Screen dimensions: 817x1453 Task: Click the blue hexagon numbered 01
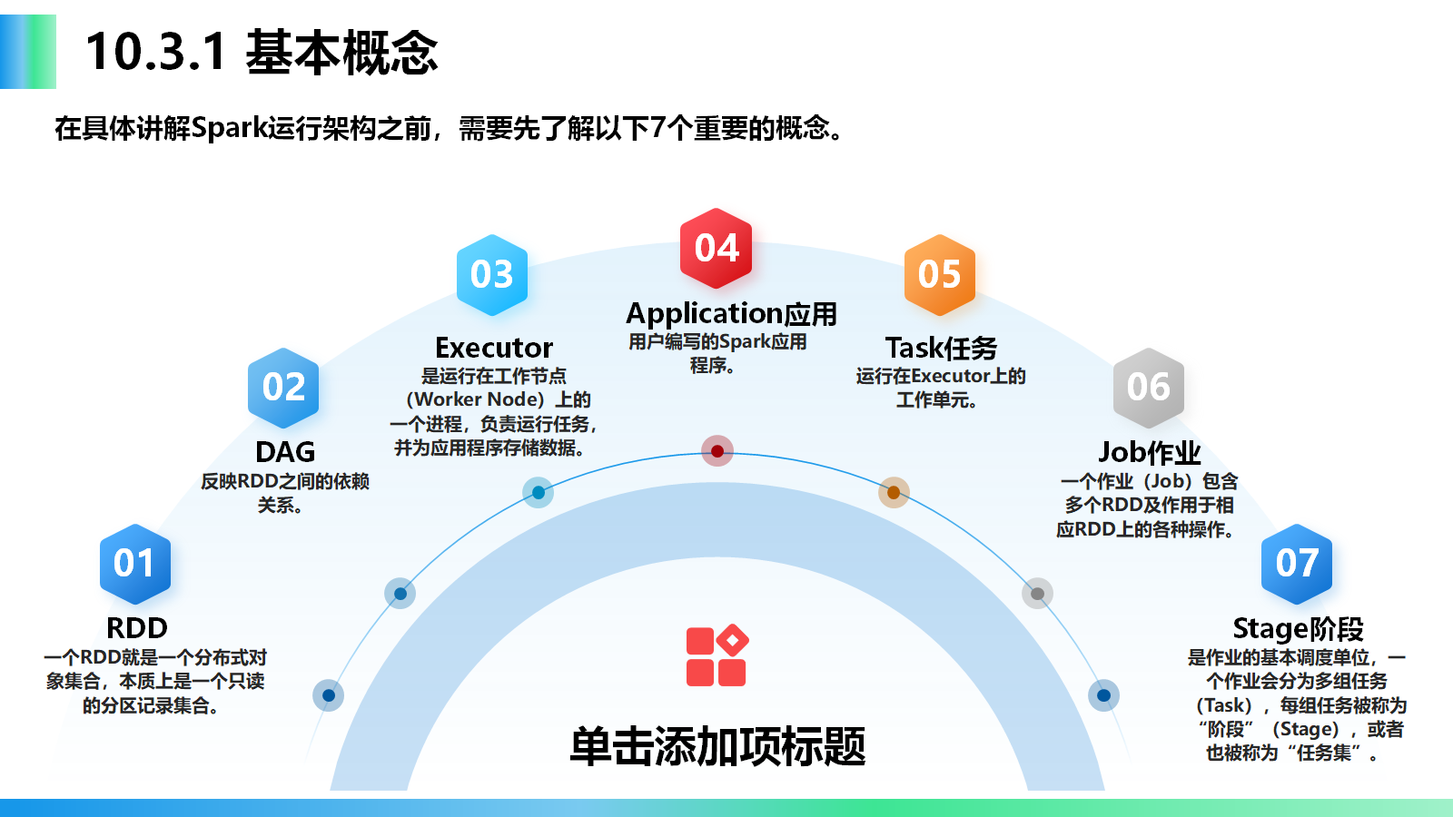point(134,564)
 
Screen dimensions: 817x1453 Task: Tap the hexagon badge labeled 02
point(283,388)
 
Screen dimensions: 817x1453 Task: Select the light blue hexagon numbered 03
point(492,275)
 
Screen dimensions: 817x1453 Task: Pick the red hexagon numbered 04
point(717,248)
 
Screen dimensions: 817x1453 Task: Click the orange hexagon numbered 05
point(939,275)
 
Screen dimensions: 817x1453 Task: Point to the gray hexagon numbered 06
point(1149,388)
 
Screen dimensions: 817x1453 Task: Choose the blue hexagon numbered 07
point(1297,564)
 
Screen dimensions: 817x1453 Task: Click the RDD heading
point(137,628)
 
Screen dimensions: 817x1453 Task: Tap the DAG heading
point(285,452)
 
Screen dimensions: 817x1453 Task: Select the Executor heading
point(494,348)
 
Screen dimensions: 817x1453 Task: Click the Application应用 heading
point(731,314)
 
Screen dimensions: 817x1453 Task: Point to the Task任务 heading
point(941,348)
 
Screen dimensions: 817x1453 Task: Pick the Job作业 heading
point(1150,452)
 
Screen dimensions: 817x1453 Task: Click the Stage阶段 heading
point(1298,628)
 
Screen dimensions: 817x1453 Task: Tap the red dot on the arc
point(717,451)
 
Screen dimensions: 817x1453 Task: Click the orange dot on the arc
point(894,492)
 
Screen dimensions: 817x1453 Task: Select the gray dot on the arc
point(1037,594)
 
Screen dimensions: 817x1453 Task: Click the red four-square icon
point(717,655)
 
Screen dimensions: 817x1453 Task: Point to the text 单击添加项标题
point(717,746)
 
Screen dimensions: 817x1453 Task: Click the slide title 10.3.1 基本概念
point(262,52)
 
